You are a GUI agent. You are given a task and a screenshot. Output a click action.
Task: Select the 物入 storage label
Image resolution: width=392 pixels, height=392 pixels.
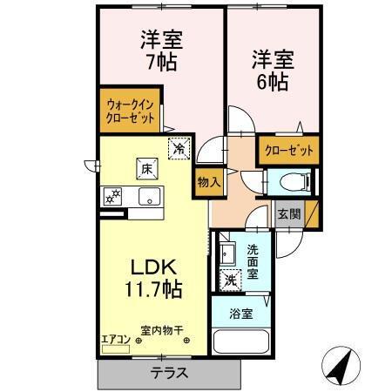click(207, 182)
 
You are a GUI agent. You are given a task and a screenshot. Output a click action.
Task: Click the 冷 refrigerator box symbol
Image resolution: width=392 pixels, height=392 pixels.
click(178, 149)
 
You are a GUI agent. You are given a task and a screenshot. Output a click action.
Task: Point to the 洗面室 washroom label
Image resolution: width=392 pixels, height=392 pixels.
click(253, 262)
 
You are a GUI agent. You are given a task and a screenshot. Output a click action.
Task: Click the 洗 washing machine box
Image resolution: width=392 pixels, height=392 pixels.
click(230, 280)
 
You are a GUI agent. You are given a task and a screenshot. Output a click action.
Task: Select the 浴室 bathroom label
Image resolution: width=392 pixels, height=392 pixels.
click(242, 314)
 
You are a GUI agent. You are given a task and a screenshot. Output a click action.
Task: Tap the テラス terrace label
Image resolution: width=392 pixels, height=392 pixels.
click(167, 372)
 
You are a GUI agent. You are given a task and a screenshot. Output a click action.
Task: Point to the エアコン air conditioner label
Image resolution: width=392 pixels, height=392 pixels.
click(115, 340)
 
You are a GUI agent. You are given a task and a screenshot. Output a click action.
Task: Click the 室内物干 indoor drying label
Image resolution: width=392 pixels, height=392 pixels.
click(163, 330)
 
